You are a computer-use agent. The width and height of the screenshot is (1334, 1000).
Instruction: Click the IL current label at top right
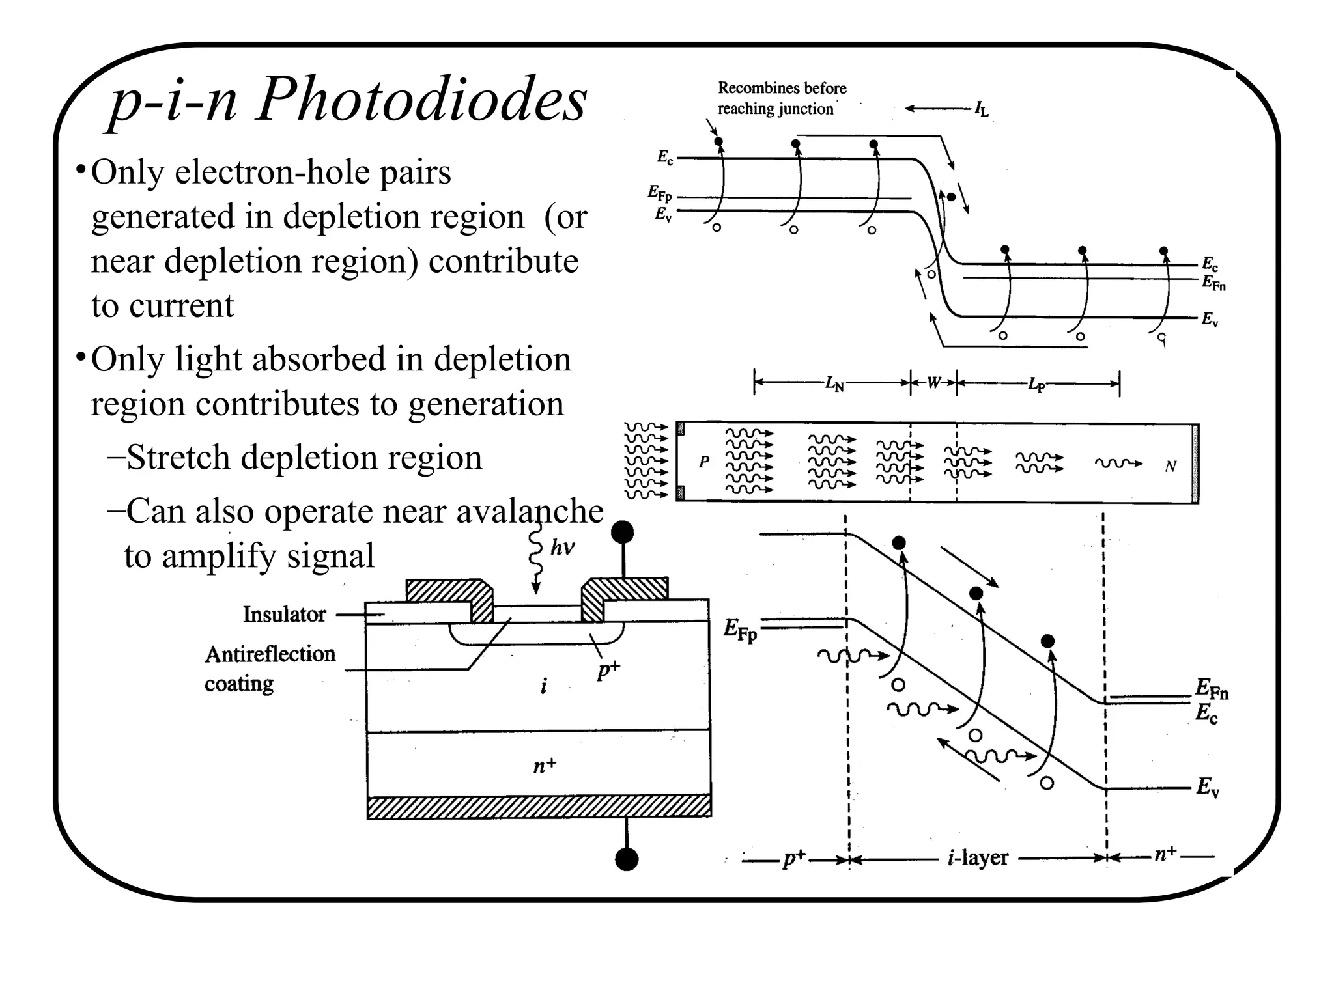(x=981, y=109)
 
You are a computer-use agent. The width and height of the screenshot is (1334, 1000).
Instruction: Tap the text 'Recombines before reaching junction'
(x=781, y=98)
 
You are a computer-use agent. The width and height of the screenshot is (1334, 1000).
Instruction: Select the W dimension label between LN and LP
(x=933, y=383)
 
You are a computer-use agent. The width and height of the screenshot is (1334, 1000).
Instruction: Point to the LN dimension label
(x=834, y=384)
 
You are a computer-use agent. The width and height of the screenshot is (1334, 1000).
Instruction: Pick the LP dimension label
(x=1036, y=384)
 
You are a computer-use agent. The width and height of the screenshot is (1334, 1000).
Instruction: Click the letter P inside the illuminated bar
(x=704, y=462)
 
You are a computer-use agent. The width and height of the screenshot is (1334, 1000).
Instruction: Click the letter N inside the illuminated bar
(x=1170, y=466)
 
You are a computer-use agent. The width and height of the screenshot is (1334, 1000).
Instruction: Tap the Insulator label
(x=284, y=615)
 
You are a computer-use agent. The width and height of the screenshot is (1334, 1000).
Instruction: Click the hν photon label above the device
(x=562, y=548)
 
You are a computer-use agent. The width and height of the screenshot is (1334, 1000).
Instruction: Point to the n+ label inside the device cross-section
(x=545, y=766)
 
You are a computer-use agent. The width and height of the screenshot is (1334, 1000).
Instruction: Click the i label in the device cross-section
(x=544, y=685)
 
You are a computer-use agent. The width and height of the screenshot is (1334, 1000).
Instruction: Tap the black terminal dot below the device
(x=627, y=859)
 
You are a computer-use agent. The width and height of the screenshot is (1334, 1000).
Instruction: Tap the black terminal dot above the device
(x=623, y=532)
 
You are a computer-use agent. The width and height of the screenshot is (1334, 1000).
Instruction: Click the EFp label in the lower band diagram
(x=740, y=630)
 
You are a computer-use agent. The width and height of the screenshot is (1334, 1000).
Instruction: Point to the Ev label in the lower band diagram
(x=1207, y=787)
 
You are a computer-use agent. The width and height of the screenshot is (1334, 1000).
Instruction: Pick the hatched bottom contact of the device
(x=539, y=806)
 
